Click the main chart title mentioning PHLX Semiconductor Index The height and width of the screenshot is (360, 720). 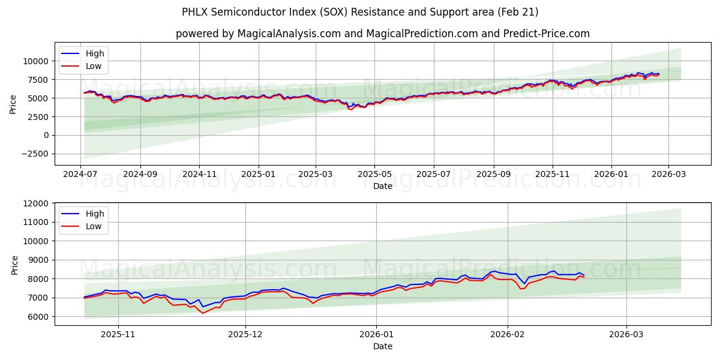coord(360,12)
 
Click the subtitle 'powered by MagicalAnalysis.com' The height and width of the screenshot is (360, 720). coord(383,34)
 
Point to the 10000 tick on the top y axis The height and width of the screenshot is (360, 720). coord(35,61)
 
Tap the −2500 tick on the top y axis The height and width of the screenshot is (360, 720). coord(35,154)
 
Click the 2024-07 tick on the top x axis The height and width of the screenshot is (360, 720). coord(81,175)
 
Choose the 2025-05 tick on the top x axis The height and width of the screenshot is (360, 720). coord(374,175)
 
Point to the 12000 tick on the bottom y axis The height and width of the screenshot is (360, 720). coord(35,203)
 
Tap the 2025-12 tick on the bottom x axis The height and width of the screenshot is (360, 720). coord(246,335)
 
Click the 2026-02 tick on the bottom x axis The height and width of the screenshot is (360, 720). coord(508,335)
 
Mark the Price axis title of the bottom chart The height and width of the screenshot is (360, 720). coord(14,265)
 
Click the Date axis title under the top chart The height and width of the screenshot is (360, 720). coord(383,186)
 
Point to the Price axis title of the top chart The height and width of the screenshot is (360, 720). coord(13,104)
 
